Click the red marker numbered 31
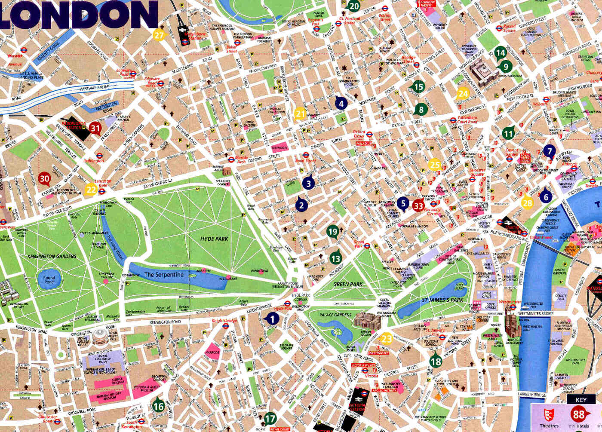point(95,128)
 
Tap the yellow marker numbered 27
point(159,35)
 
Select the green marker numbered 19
point(333,232)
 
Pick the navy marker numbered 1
point(272,319)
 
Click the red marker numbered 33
point(418,205)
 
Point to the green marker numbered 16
point(159,405)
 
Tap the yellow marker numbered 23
point(386,338)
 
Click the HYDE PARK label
point(214,239)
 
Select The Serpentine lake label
point(164,275)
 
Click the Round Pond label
point(49,280)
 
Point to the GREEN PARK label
point(347,284)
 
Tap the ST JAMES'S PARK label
point(442,300)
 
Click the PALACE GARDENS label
point(335,315)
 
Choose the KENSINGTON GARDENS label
point(52,256)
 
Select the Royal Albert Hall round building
point(100,337)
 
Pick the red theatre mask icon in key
point(548,415)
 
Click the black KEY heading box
point(580,400)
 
